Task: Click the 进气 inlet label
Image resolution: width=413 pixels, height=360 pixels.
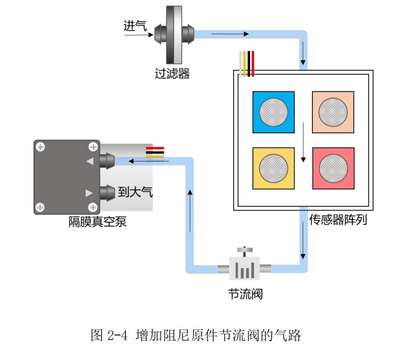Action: pos(135,26)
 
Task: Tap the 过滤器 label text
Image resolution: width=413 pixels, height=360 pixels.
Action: pos(172,74)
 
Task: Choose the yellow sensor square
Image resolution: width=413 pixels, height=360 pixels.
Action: pos(273,168)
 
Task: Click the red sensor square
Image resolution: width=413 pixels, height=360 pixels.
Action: pos(333,168)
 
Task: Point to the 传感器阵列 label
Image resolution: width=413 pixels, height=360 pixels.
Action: pos(338,219)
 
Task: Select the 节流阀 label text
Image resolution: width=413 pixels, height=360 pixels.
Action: pos(245,294)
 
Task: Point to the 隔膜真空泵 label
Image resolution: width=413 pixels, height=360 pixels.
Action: pos(96,222)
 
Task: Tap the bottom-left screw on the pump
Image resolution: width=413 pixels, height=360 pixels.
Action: pos(40,207)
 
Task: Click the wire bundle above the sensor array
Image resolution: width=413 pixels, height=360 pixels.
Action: pos(247,63)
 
